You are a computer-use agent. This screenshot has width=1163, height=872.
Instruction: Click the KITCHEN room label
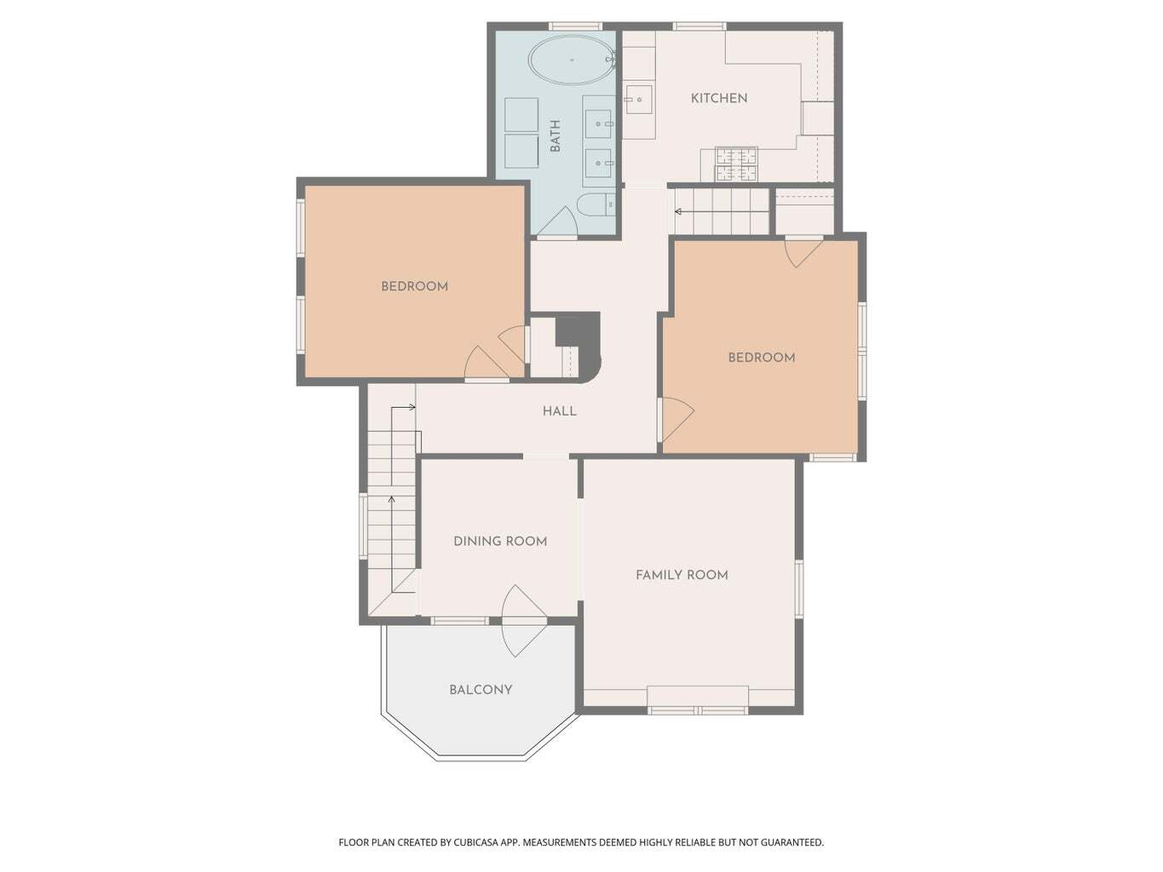pos(718,98)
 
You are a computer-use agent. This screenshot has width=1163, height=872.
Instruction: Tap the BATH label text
pos(555,136)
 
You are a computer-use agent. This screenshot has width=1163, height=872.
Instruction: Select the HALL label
pos(559,410)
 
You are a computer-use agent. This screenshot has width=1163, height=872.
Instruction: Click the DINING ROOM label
pos(499,541)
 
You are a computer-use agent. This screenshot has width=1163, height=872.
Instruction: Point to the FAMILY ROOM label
pos(682,575)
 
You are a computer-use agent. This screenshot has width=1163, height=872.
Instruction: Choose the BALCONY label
pos(481,690)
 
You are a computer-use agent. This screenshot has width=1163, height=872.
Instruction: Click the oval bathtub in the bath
pos(572,60)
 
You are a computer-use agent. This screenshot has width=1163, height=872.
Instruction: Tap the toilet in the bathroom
pos(596,205)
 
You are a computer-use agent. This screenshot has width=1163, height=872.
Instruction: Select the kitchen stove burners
pos(736,163)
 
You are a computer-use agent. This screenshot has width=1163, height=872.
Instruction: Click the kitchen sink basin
pos(639,99)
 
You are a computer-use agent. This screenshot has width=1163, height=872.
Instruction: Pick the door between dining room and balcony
pos(522,621)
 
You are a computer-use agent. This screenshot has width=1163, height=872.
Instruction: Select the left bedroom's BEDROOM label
pos(414,286)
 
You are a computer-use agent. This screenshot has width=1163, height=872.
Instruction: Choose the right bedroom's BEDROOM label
pos(762,358)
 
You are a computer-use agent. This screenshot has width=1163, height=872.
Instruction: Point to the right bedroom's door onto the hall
pos(676,419)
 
